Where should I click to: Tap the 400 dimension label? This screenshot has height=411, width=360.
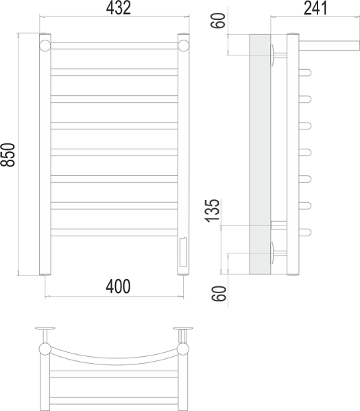click(115, 284)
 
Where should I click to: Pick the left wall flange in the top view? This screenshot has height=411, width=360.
click(46, 329)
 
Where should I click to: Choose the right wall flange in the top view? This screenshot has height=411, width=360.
click(184, 329)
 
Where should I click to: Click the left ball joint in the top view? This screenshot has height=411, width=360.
click(46, 349)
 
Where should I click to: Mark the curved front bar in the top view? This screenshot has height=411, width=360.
click(115, 356)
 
